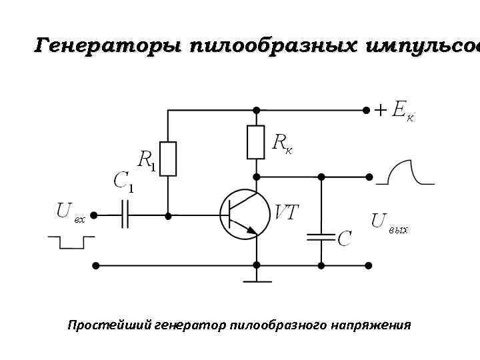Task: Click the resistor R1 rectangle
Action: (168, 159)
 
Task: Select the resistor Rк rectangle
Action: (256, 142)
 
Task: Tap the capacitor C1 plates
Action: (125, 215)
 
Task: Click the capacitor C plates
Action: (321, 236)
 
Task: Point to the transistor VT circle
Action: (243, 215)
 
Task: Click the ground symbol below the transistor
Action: (256, 277)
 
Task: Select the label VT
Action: (287, 213)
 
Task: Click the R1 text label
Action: (147, 161)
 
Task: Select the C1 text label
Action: (123, 182)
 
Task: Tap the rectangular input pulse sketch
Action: (67, 241)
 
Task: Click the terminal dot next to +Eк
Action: (366, 109)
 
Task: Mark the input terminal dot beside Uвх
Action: (94, 215)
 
